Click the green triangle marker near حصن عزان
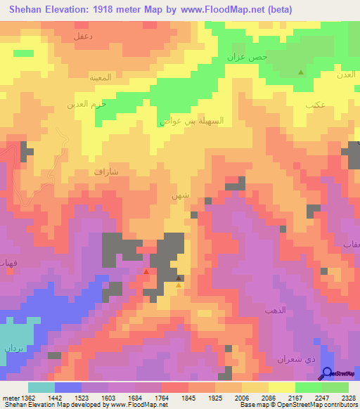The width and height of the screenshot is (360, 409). pyautogui.click(x=301, y=72)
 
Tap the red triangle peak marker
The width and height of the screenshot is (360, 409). pyautogui.click(x=146, y=271)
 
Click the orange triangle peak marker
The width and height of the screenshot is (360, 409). pyautogui.click(x=179, y=285)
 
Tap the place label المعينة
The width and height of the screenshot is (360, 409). pyautogui.click(x=100, y=77)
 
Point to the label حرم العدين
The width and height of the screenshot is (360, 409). pyautogui.click(x=86, y=104)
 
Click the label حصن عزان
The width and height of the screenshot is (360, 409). pyautogui.click(x=247, y=57)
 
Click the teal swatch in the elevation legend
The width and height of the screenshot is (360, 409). pyautogui.click(x=41, y=387)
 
